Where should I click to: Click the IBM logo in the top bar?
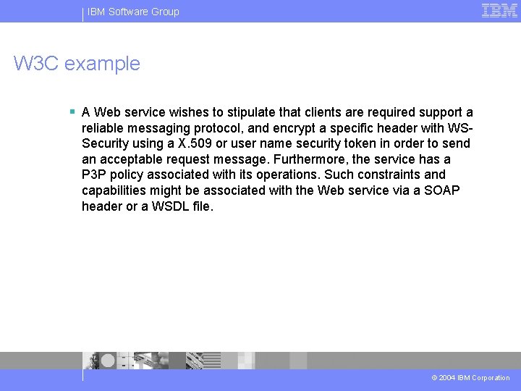coord(499,10)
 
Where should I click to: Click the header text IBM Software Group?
coord(133,12)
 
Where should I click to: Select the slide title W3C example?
coord(77,64)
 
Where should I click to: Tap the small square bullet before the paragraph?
coord(72,112)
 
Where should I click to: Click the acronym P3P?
coord(95,175)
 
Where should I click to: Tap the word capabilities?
coord(116,190)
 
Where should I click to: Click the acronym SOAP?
coord(443,190)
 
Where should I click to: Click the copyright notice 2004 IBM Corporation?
coord(470,378)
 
